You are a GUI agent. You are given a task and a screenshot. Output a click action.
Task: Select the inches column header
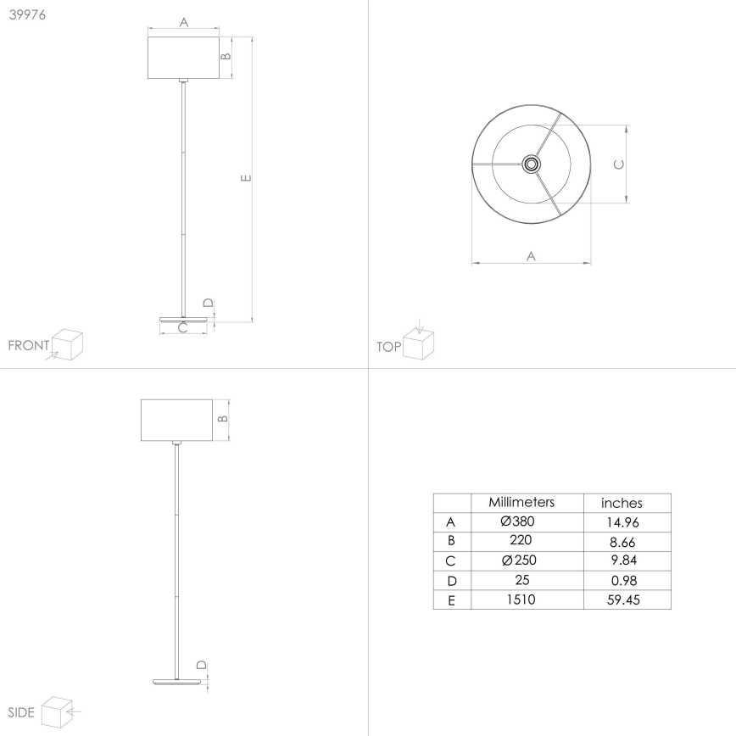click(622, 503)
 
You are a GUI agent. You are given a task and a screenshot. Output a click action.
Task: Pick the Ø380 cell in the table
click(518, 521)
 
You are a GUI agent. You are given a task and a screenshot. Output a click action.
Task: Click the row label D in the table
click(451, 581)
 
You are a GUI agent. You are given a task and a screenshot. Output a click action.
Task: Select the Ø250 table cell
click(518, 560)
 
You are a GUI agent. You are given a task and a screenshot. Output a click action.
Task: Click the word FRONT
click(29, 346)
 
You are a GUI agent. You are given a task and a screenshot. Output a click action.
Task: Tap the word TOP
click(388, 346)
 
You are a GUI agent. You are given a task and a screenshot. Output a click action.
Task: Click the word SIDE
click(21, 711)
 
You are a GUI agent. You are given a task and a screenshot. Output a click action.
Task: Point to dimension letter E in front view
click(244, 178)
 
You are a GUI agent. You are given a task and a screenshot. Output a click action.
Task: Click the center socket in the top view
click(531, 163)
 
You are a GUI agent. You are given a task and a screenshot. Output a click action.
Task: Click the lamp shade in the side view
click(176, 419)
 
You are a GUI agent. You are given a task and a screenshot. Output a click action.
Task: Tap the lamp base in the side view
click(176, 680)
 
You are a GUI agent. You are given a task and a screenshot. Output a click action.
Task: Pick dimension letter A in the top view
click(531, 254)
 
